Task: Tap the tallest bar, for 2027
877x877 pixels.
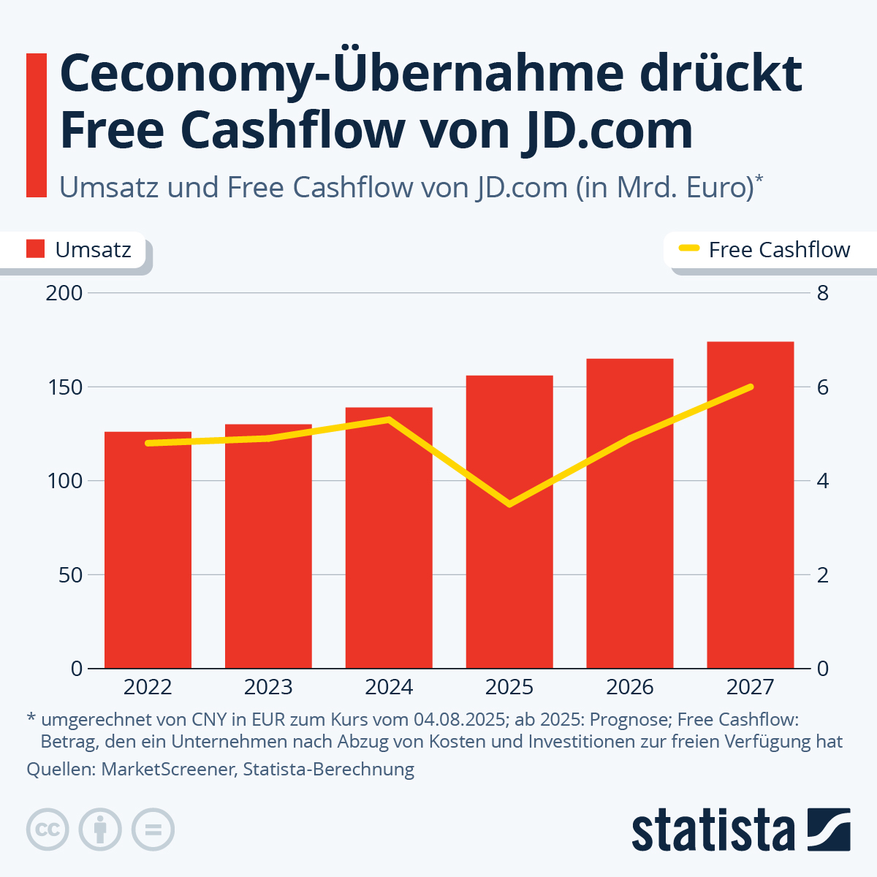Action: (750, 512)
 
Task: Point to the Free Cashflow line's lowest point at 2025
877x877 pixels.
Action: (509, 504)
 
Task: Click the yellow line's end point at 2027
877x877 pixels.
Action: (750, 387)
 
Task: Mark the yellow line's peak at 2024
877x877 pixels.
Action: (389, 419)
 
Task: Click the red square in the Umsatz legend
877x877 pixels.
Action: (36, 249)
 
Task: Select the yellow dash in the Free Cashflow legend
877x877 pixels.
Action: (689, 249)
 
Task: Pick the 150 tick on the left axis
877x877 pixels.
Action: (64, 387)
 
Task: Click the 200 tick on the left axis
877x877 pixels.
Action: (64, 294)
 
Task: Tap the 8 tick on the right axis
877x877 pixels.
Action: (823, 294)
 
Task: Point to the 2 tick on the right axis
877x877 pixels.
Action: (823, 575)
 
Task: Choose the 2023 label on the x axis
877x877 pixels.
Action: (268, 687)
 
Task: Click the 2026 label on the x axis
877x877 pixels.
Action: (630, 687)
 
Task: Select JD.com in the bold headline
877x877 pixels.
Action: (607, 130)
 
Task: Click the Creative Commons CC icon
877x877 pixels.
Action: (48, 829)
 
